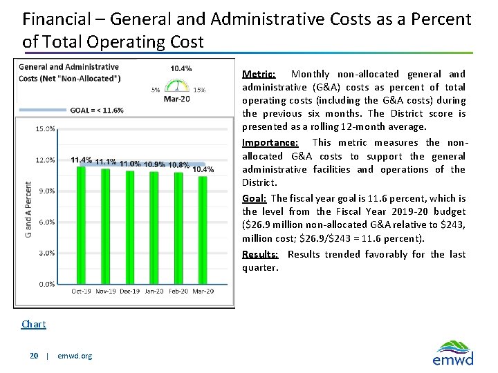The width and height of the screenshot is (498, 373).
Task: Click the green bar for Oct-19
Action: click(81, 224)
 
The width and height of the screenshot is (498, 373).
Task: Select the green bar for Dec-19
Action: click(130, 227)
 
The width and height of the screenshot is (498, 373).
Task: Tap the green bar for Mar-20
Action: click(203, 230)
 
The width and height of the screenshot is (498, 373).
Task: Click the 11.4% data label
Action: click(81, 160)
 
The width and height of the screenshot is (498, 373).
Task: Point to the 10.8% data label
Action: click(178, 165)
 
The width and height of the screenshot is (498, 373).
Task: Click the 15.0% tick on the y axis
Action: click(45, 128)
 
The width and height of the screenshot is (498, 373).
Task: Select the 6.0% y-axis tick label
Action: click(46, 222)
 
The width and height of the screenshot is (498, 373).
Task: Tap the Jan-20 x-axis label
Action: click(154, 291)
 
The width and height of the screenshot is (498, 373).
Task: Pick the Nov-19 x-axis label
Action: click(105, 291)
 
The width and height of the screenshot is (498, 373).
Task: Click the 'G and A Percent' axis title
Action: click(28, 209)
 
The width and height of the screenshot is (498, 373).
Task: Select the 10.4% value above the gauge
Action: click(181, 68)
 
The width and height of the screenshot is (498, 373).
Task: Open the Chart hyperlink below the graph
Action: click(34, 324)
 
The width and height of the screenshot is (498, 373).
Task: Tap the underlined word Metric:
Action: click(259, 74)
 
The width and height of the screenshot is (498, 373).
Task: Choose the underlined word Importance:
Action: click(270, 142)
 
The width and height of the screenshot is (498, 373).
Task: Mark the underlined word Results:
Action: click(259, 254)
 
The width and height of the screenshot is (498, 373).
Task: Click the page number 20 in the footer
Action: click(34, 356)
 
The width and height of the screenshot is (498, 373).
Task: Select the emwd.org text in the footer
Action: click(75, 356)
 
